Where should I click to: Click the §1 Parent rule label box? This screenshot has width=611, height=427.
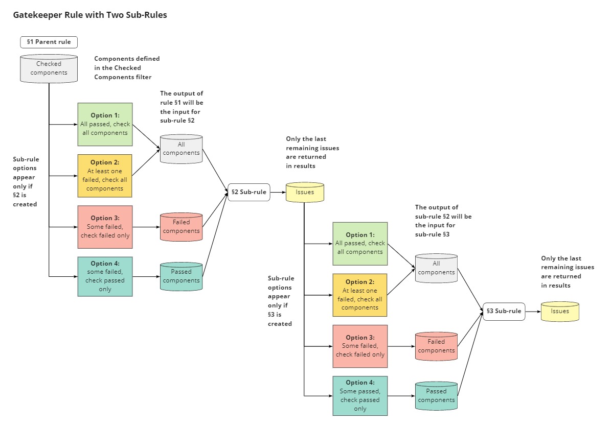point(49,41)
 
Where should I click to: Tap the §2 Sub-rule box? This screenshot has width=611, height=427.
point(248,192)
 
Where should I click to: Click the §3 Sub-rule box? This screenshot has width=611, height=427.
point(504,311)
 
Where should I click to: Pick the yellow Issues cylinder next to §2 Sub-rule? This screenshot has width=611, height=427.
point(305,192)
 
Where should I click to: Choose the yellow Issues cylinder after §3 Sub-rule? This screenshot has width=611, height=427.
point(560,311)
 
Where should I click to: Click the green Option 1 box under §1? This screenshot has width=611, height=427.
point(105,125)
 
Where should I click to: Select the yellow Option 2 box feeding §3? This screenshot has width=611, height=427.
point(360,295)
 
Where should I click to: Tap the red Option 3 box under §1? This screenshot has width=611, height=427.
point(105,227)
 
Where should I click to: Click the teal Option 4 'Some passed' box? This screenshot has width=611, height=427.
point(360,395)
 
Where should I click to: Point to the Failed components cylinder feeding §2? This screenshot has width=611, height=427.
point(181,227)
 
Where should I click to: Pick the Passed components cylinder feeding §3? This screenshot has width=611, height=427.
point(436,395)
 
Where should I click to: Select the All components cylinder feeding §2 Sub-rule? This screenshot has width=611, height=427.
point(181,149)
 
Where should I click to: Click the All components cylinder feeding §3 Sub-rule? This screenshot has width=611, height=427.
point(436,268)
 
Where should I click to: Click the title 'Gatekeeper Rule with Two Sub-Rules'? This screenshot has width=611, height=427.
point(90,15)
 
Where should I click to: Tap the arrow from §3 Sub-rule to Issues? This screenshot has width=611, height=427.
point(533,311)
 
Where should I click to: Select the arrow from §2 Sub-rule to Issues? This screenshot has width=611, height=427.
point(277,193)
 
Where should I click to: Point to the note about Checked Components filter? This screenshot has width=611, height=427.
point(127,67)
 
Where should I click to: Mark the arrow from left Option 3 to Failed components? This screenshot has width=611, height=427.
point(146,227)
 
